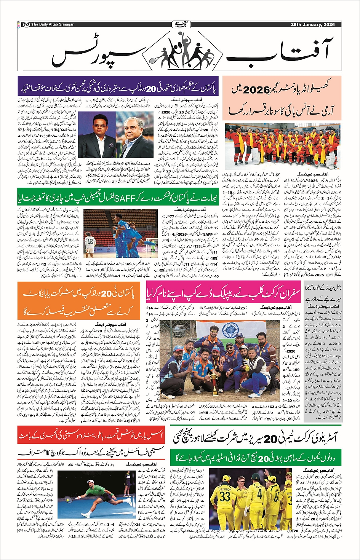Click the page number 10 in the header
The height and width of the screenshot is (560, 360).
(x=26, y=24)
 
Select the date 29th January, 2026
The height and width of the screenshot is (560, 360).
(x=312, y=24)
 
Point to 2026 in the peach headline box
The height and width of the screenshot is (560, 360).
(x=256, y=91)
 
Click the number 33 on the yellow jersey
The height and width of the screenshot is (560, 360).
(x=225, y=496)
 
